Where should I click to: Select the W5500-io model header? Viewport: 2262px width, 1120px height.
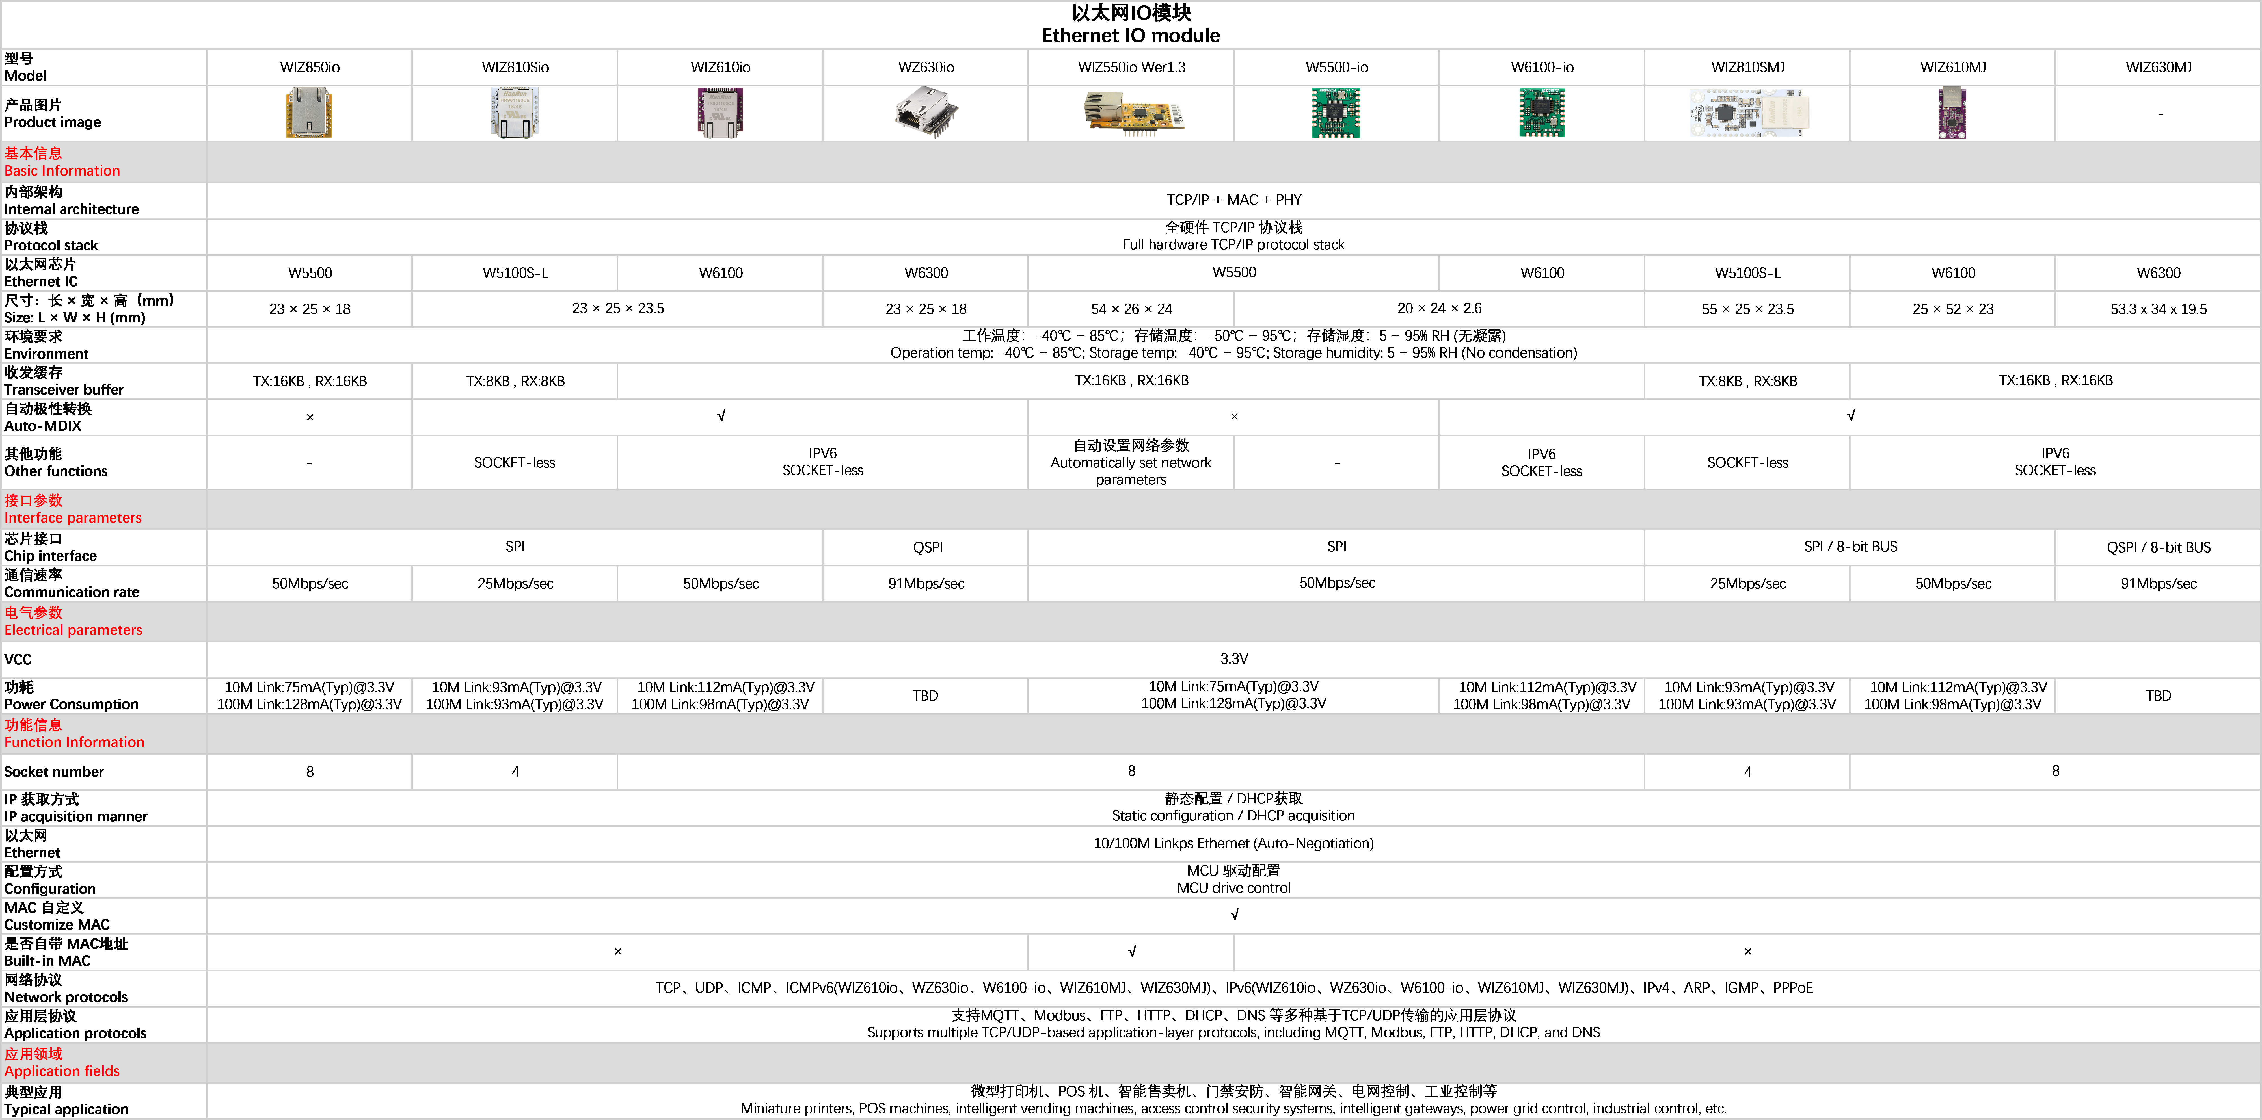[x=1336, y=68]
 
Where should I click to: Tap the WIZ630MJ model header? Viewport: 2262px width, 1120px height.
[x=2158, y=68]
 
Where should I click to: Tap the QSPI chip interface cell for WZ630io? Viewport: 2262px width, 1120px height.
[x=927, y=547]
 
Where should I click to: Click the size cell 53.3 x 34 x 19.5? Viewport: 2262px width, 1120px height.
[x=2158, y=309]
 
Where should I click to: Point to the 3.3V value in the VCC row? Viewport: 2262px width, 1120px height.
[x=1234, y=659]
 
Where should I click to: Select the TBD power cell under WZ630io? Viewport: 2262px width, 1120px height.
[x=926, y=695]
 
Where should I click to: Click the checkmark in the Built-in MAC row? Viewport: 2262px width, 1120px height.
[x=1132, y=952]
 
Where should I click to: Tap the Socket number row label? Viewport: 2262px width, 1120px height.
[x=55, y=772]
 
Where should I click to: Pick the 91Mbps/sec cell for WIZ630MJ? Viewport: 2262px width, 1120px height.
[x=2158, y=584]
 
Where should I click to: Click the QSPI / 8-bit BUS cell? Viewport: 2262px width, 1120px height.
[x=2158, y=547]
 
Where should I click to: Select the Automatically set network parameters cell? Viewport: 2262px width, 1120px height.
[x=1131, y=463]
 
